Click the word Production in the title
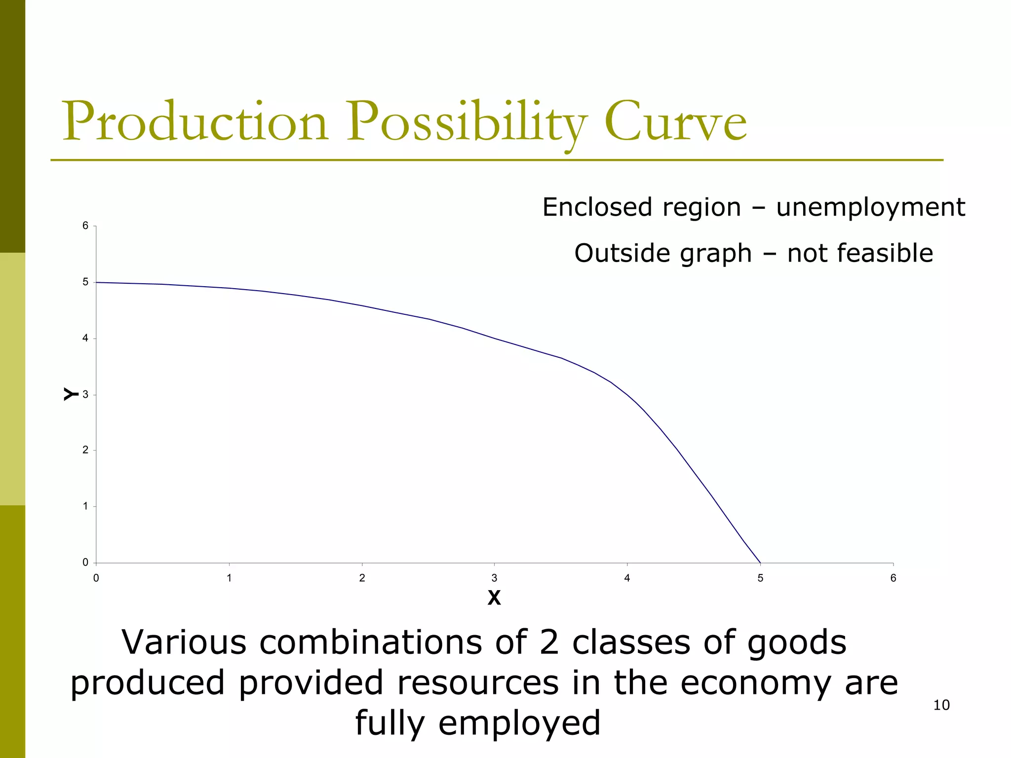point(195,122)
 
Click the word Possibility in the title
point(467,122)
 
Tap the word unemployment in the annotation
point(870,207)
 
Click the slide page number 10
point(941,705)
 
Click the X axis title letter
point(494,598)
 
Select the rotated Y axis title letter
point(71,394)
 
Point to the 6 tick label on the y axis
point(85,226)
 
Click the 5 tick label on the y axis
point(85,282)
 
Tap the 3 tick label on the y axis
point(85,394)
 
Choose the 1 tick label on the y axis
point(85,506)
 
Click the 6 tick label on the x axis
point(893,578)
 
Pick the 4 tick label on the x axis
point(627,578)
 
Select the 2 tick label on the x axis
point(362,578)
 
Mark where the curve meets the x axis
point(760,563)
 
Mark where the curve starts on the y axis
point(97,282)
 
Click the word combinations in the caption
point(370,643)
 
